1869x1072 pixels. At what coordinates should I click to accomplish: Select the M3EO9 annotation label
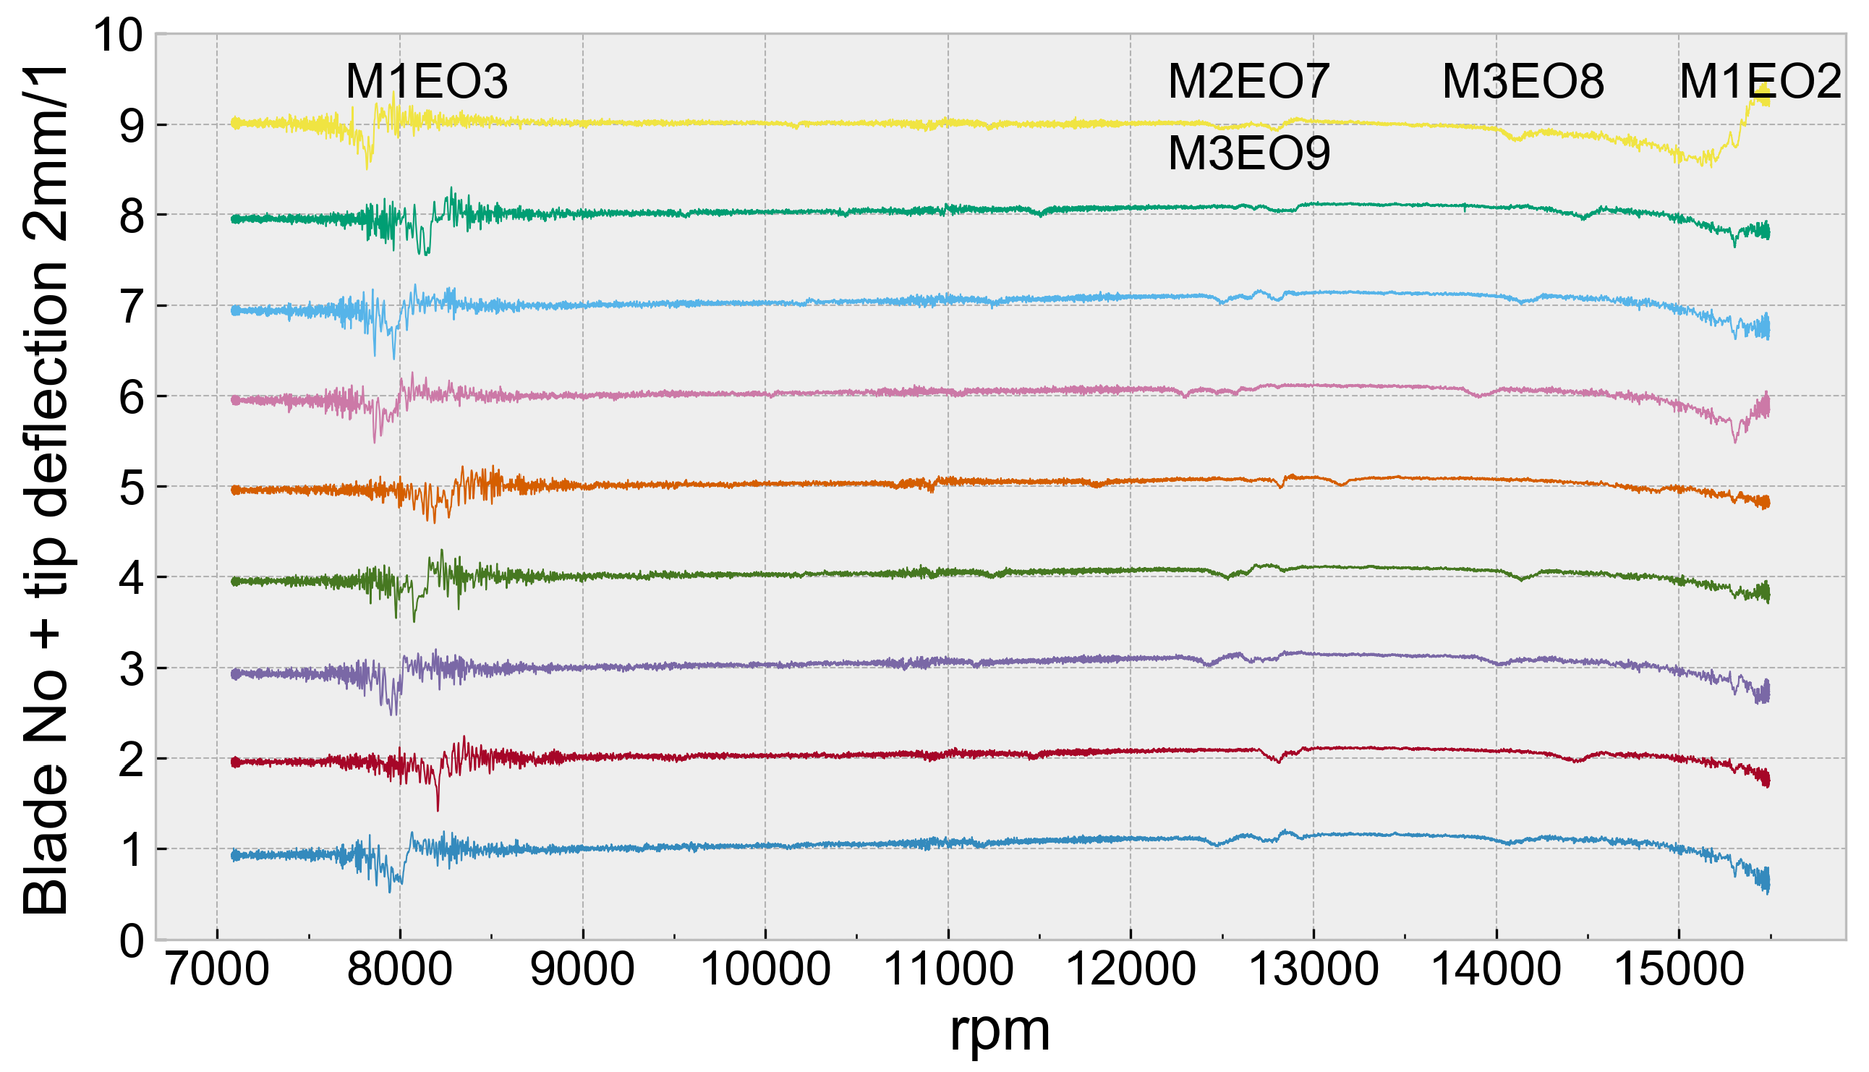[x=1248, y=154]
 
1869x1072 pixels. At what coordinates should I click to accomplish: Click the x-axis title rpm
[x=1000, y=1031]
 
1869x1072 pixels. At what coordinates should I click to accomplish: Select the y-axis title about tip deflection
[x=46, y=490]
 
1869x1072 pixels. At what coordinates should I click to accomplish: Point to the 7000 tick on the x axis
[x=217, y=970]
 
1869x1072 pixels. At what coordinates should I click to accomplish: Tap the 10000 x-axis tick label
[x=765, y=970]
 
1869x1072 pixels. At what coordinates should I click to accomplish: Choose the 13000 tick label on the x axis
[x=1314, y=970]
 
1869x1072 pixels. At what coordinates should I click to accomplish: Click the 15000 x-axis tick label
[x=1679, y=970]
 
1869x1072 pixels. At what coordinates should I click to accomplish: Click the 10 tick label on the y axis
[x=118, y=35]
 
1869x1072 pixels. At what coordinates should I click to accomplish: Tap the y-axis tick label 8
[x=132, y=216]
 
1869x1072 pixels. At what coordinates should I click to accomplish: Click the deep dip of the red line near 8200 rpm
[x=438, y=809]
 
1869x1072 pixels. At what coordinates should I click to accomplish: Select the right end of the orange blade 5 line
[x=1768, y=503]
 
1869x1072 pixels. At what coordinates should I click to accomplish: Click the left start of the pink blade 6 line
[x=234, y=401]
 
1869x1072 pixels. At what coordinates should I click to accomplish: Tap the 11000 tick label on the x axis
[x=948, y=970]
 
